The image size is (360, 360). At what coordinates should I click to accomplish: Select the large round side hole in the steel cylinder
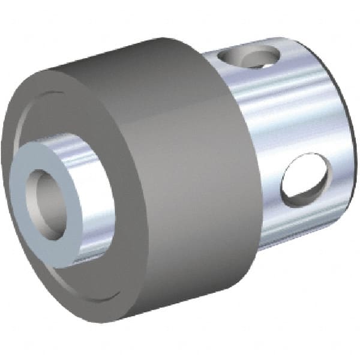point(306,180)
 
